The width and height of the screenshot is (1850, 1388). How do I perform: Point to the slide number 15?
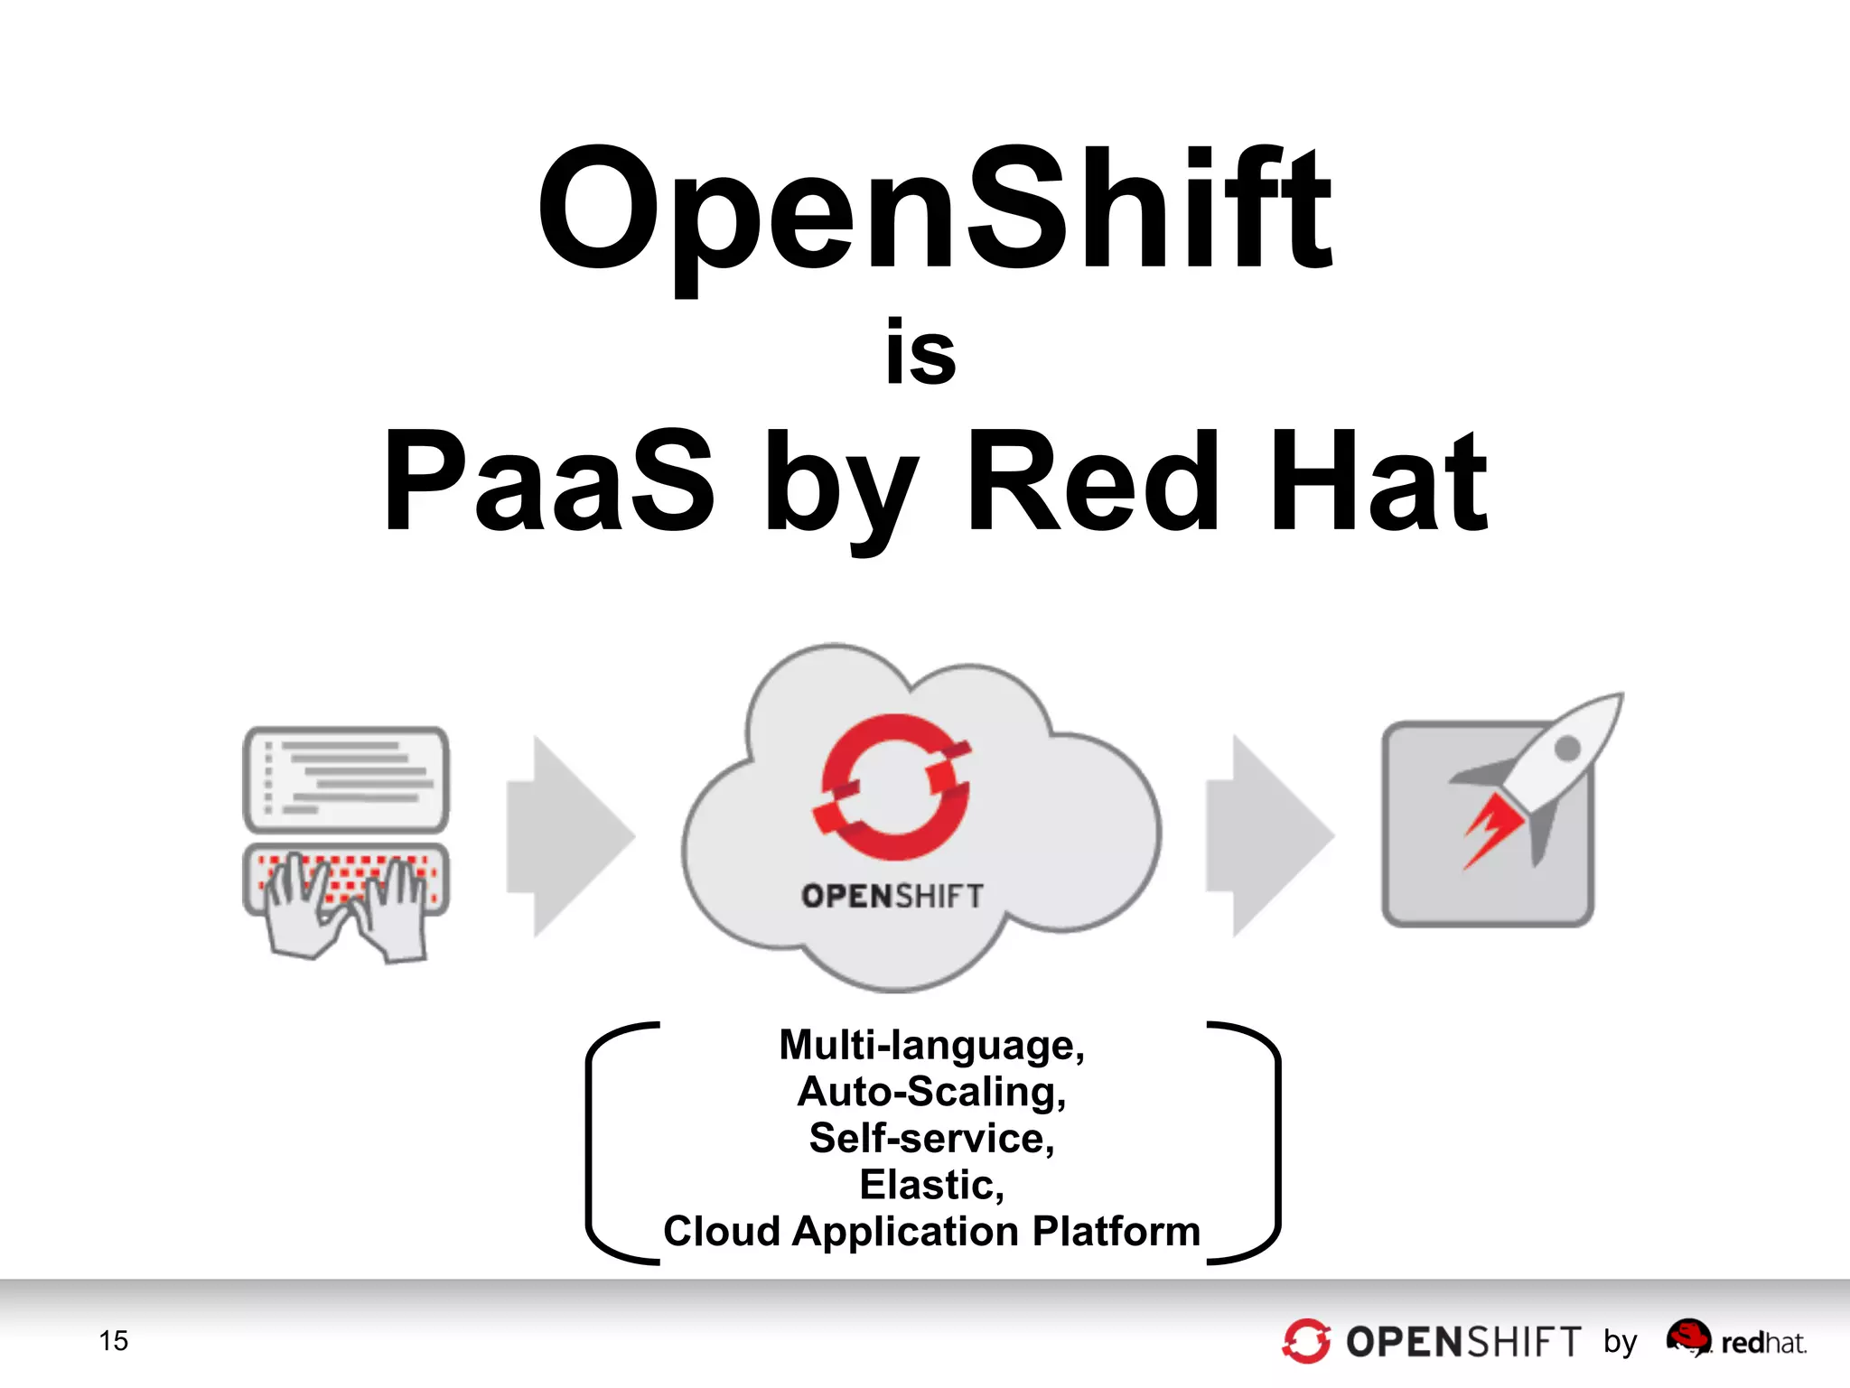114,1341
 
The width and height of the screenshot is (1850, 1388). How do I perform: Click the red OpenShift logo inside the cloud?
893,787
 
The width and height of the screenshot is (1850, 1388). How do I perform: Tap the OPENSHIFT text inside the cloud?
892,896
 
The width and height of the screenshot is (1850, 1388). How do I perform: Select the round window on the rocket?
1566,748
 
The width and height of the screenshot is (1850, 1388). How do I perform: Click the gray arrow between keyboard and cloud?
569,836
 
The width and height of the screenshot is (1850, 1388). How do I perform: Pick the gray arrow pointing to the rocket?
1268,836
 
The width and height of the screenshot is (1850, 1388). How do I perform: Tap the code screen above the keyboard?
346,778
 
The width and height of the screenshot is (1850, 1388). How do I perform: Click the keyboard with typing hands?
346,894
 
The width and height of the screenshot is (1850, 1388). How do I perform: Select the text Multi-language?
931,1045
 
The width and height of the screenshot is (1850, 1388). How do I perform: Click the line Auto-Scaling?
931,1092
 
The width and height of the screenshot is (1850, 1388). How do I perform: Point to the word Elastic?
931,1185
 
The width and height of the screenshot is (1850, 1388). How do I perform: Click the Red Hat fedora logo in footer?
1688,1337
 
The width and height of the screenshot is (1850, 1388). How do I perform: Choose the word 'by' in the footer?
1621,1343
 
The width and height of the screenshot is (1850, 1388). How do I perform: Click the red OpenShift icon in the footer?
1306,1341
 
